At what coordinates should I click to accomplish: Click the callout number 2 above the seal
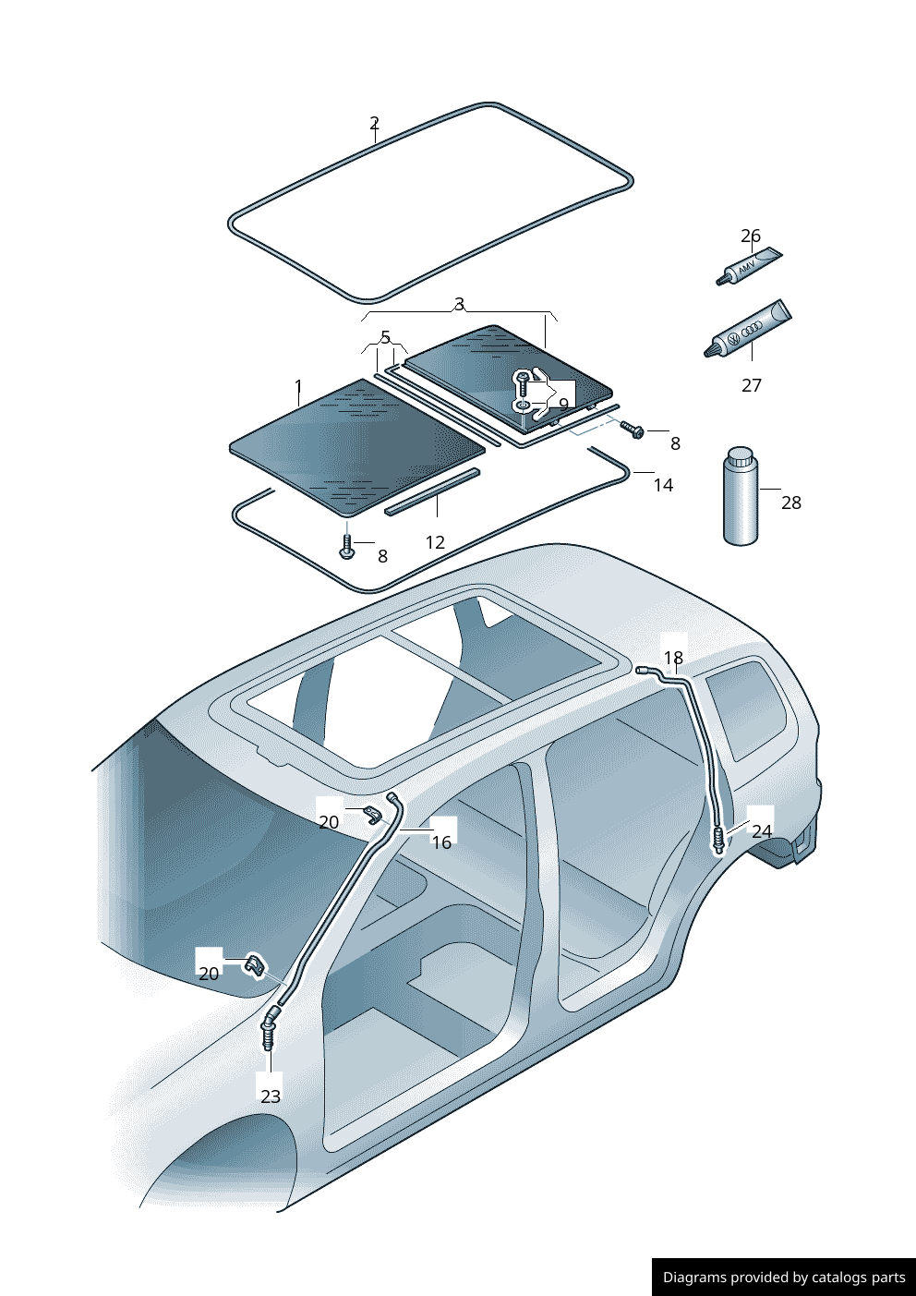[x=374, y=123]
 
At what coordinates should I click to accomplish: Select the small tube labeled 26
[x=749, y=266]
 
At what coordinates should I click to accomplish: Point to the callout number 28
[x=791, y=503]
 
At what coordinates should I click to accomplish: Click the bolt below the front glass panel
[x=346, y=546]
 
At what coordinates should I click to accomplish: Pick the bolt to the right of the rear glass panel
[x=633, y=430]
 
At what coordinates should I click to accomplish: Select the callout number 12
[x=435, y=542]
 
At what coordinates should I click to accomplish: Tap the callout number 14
[x=663, y=485]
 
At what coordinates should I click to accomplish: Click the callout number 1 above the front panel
[x=298, y=385]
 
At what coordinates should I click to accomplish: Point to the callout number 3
[x=459, y=304]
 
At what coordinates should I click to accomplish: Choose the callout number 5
[x=385, y=337]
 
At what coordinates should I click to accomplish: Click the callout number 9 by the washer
[x=563, y=404]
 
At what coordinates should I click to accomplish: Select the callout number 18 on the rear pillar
[x=674, y=657]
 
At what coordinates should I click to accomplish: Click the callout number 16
[x=441, y=842]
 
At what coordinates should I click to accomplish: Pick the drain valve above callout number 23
[x=269, y=1030]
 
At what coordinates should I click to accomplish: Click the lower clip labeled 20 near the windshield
[x=254, y=966]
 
